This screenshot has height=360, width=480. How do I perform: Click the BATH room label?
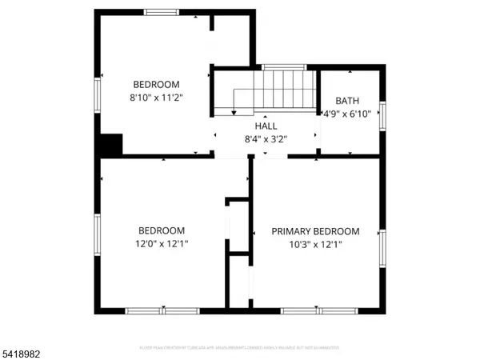tap(347, 101)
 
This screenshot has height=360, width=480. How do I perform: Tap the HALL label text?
tap(266, 126)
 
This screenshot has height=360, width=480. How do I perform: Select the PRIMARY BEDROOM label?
tap(315, 231)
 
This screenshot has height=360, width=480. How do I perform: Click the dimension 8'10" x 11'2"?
tap(156, 98)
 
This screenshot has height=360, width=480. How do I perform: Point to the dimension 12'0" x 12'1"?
tap(162, 243)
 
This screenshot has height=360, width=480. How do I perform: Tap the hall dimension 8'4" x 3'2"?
tap(266, 139)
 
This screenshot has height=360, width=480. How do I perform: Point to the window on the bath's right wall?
tap(382, 116)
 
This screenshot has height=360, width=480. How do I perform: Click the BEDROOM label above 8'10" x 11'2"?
tap(156, 85)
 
